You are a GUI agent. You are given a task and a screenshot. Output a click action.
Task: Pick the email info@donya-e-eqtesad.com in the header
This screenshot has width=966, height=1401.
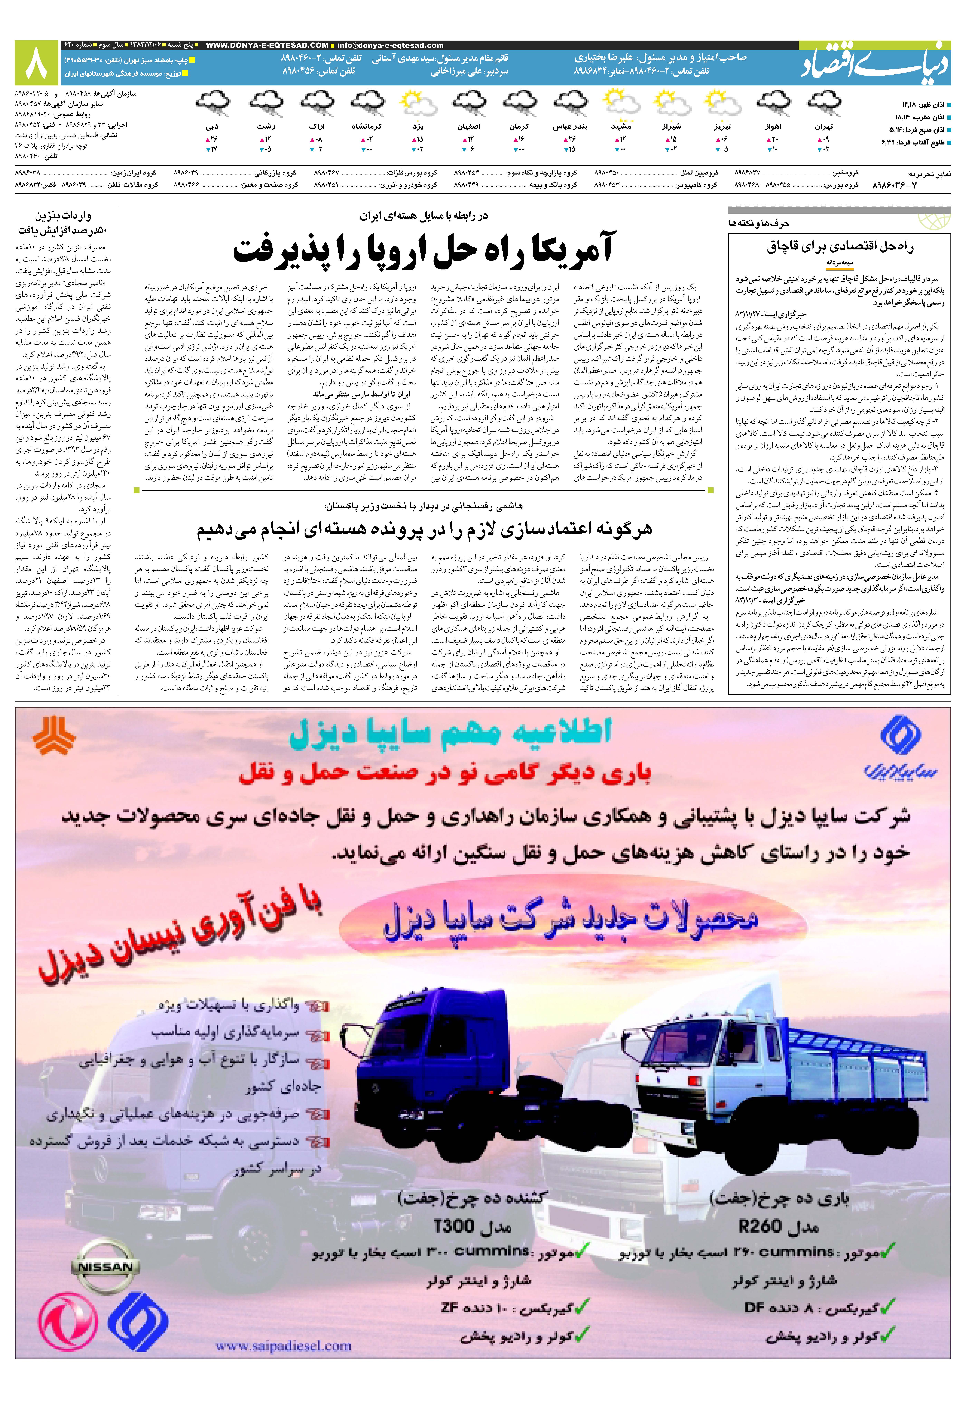[x=390, y=45]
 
